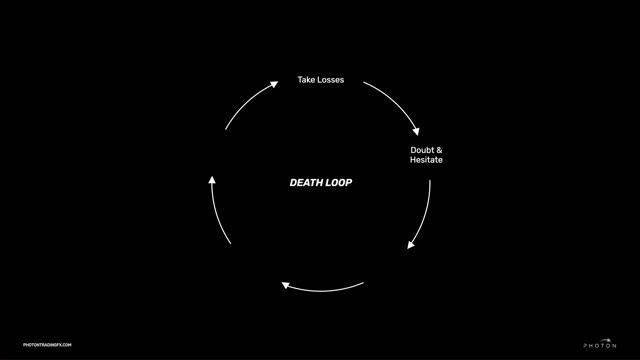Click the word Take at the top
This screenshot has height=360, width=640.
(307, 80)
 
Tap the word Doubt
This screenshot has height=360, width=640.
(422, 150)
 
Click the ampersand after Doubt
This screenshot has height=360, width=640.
(439, 150)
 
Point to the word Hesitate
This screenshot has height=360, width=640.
(426, 160)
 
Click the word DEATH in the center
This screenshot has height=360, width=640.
(304, 183)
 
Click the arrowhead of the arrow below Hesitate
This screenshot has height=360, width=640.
(411, 245)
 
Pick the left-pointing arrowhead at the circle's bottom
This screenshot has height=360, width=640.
(286, 285)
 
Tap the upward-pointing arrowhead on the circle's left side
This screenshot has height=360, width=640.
(212, 180)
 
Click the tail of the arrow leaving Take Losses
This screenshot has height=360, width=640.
(363, 84)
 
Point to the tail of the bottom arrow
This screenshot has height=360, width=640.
(363, 284)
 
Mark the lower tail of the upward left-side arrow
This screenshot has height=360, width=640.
(231, 245)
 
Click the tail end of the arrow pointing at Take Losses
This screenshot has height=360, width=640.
(226, 129)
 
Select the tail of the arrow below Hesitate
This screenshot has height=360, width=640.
(430, 182)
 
